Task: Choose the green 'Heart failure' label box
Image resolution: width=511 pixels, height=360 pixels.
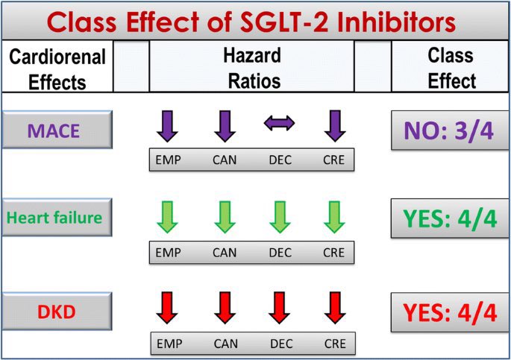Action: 57,218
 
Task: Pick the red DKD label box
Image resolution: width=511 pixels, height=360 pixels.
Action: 57,311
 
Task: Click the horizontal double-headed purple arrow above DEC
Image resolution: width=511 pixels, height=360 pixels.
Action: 280,123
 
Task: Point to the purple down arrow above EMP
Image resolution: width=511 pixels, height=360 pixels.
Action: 168,125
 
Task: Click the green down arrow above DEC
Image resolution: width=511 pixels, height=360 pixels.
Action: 280,217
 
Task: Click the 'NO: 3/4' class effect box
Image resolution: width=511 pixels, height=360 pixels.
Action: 450,131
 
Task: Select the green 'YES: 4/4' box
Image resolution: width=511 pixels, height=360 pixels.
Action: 450,218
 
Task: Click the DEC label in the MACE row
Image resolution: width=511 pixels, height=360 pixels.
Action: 280,160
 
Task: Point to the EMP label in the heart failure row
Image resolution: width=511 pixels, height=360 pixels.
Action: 169,253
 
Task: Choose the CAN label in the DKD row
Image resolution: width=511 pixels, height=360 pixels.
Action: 225,344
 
